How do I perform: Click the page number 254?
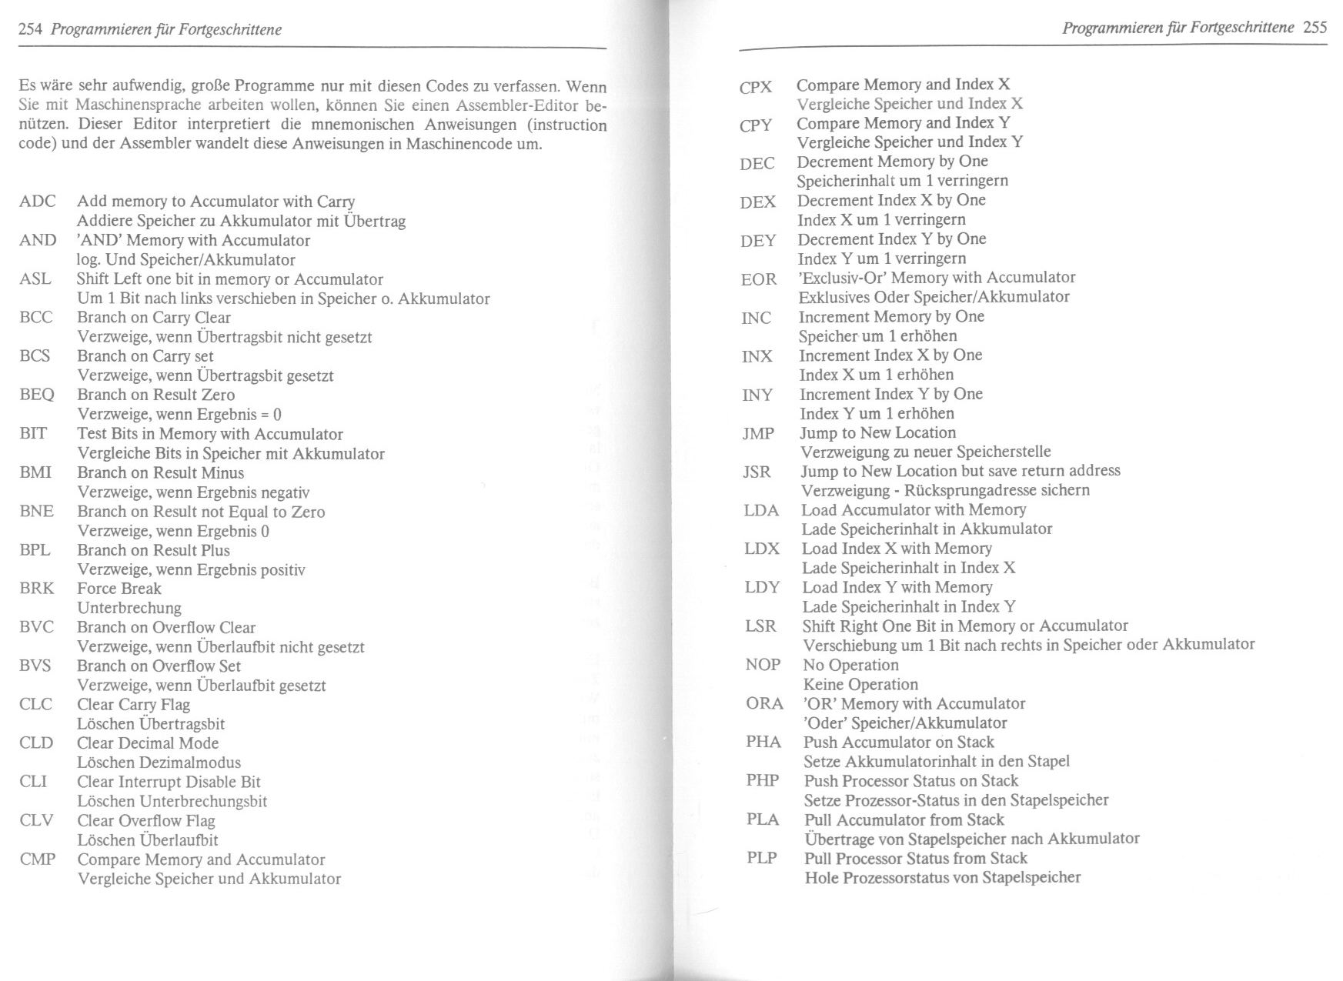point(30,30)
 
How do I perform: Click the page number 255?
point(1315,28)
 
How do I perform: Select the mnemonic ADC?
point(38,202)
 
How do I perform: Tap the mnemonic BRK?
point(37,589)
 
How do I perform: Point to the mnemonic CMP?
point(38,859)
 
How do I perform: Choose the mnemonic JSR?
point(757,472)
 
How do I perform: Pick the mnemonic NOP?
point(763,665)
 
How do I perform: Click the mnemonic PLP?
point(762,858)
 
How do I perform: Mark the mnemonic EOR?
point(759,279)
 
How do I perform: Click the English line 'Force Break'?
point(119,589)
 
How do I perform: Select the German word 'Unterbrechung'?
point(129,608)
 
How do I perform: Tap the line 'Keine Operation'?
point(860,685)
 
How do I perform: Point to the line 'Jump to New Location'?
point(877,433)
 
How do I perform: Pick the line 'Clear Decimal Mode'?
point(148,743)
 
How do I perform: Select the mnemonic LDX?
point(762,549)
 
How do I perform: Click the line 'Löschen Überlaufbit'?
point(148,840)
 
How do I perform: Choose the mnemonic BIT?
point(33,434)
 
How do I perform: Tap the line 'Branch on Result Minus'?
point(160,473)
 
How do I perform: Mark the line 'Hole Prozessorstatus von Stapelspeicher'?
point(943,878)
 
